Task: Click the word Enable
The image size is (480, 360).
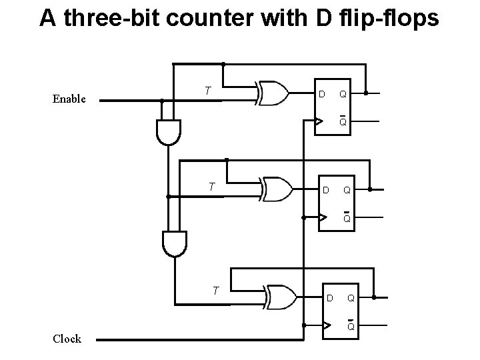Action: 69,99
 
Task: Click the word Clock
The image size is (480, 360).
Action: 67,339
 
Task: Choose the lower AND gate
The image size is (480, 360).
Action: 175,243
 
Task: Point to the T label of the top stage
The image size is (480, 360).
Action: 208,91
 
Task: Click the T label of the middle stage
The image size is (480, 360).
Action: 211,187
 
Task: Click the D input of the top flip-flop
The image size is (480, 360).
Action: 321,94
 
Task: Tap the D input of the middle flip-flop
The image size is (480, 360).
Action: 326,191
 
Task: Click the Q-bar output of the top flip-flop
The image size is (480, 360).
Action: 342,121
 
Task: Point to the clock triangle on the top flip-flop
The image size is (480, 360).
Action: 319,121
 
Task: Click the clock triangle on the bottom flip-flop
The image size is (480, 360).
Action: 327,325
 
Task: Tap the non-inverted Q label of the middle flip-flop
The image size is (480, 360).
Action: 347,191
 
